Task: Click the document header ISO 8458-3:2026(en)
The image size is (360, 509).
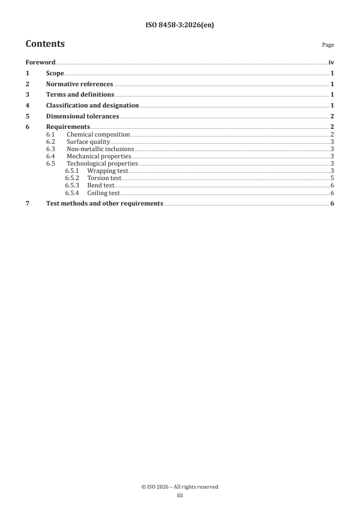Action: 180,25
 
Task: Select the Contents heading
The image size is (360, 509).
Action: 45,44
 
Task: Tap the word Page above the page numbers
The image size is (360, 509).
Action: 328,45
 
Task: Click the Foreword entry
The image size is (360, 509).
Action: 40,63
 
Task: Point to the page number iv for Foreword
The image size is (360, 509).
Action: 331,63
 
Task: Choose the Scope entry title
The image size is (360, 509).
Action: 55,73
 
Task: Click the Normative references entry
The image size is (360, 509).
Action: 79,84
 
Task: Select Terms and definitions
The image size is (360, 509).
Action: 80,95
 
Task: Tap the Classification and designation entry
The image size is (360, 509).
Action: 92,106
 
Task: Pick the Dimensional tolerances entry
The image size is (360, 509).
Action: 82,117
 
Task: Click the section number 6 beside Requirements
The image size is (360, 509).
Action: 28,127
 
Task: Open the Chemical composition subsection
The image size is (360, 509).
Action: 98,135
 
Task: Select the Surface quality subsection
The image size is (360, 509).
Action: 88,142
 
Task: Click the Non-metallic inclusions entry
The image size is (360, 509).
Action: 100,149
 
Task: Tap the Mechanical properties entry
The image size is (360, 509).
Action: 99,157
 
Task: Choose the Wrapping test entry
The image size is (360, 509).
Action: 108,171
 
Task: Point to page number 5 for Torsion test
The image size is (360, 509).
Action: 332,178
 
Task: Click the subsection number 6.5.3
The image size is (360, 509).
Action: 72,186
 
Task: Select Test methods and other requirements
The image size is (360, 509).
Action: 104,204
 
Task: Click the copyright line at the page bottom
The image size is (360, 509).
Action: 180,487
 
